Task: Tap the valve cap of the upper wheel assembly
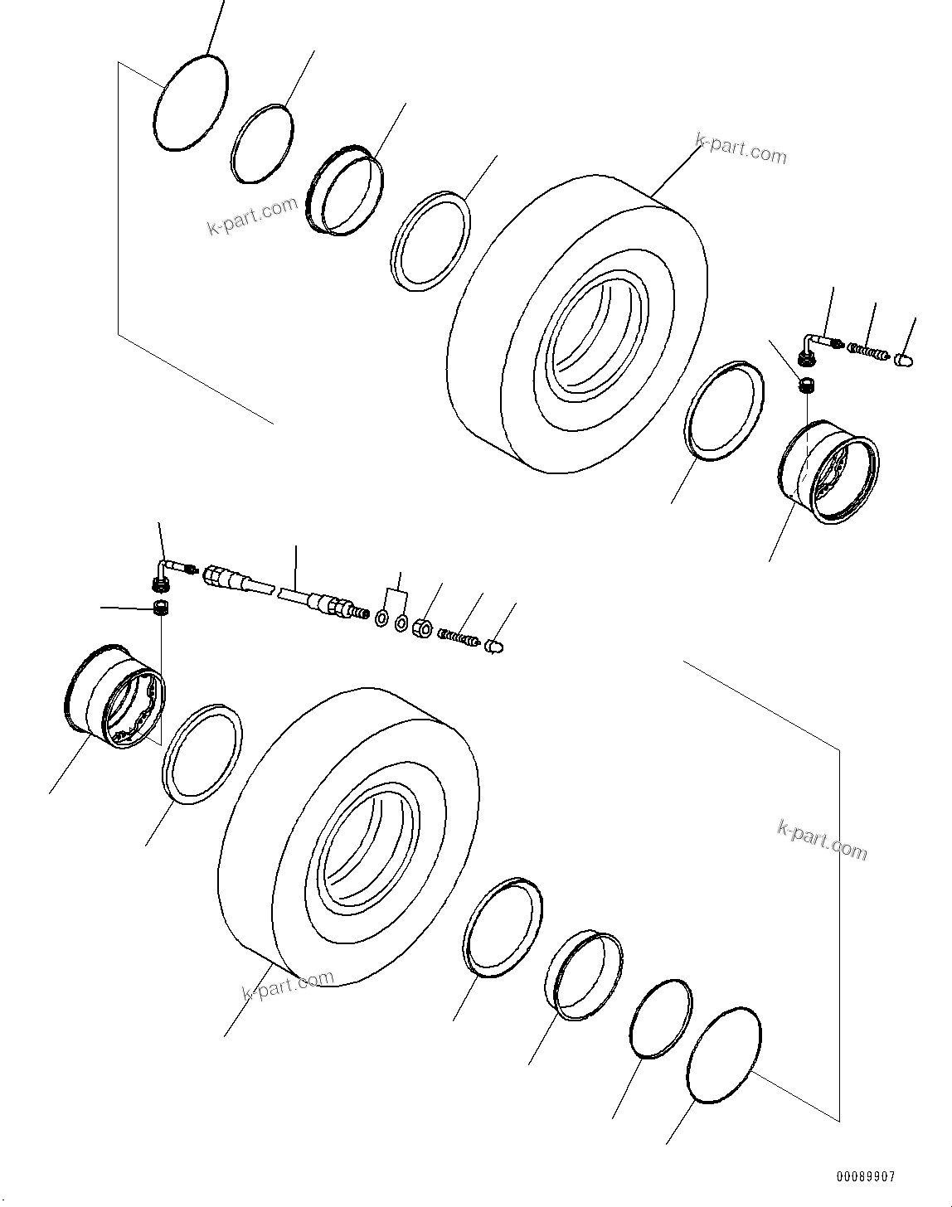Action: click(x=903, y=359)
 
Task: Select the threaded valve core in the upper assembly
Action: click(x=871, y=351)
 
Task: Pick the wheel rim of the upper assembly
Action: click(x=828, y=471)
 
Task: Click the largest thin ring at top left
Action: click(x=191, y=104)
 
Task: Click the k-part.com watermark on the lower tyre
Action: click(x=288, y=986)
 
